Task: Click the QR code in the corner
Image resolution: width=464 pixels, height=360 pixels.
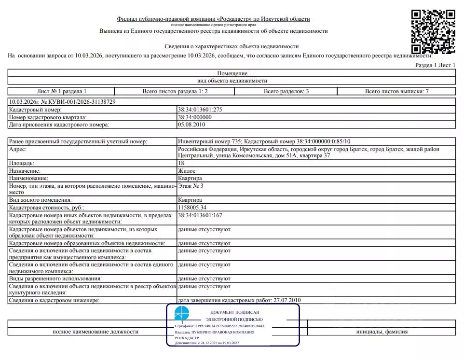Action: [433, 31]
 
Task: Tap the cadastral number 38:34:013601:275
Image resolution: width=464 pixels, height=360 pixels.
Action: [200, 110]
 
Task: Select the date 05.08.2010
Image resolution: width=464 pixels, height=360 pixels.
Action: [192, 125]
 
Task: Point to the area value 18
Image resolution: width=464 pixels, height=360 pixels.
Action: [181, 164]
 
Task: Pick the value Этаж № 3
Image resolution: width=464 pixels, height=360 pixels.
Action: [191, 186]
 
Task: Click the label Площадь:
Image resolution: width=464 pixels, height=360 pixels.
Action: [22, 164]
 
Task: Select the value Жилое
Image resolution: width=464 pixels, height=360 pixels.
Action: [187, 171]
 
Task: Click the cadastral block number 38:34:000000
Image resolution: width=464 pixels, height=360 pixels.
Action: [195, 117]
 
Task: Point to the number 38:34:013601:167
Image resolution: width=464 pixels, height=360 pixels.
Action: [200, 215]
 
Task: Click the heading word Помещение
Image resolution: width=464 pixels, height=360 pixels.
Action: [232, 73]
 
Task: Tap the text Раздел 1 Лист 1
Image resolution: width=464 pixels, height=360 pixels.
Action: [435, 65]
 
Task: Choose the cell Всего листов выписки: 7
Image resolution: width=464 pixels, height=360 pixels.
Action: [397, 91]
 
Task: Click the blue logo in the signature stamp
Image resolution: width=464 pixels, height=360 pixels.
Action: [182, 313]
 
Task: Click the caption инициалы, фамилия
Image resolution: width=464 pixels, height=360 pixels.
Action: [382, 332]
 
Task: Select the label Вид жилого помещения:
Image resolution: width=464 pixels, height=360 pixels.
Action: [41, 200]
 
